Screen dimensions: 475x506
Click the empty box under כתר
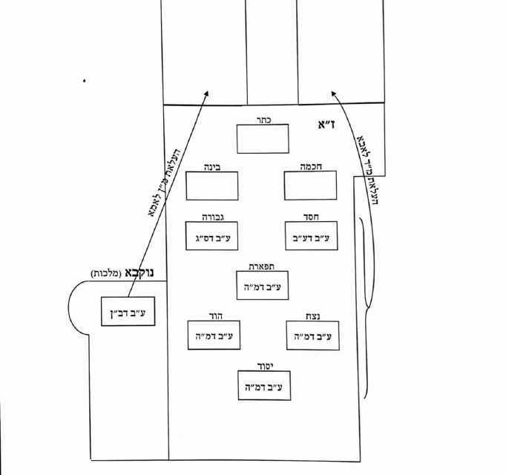click(x=263, y=139)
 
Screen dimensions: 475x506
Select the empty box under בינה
click(x=211, y=186)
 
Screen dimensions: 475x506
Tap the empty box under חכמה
click(x=311, y=186)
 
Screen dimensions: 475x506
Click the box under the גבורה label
click(x=212, y=237)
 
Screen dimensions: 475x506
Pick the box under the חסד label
click(x=311, y=237)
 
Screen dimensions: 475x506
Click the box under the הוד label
click(x=212, y=336)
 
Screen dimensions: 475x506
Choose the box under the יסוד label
click(x=262, y=386)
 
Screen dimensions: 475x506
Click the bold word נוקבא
click(x=141, y=272)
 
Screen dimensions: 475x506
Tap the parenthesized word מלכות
click(x=107, y=274)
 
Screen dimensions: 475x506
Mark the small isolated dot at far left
click(x=85, y=80)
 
